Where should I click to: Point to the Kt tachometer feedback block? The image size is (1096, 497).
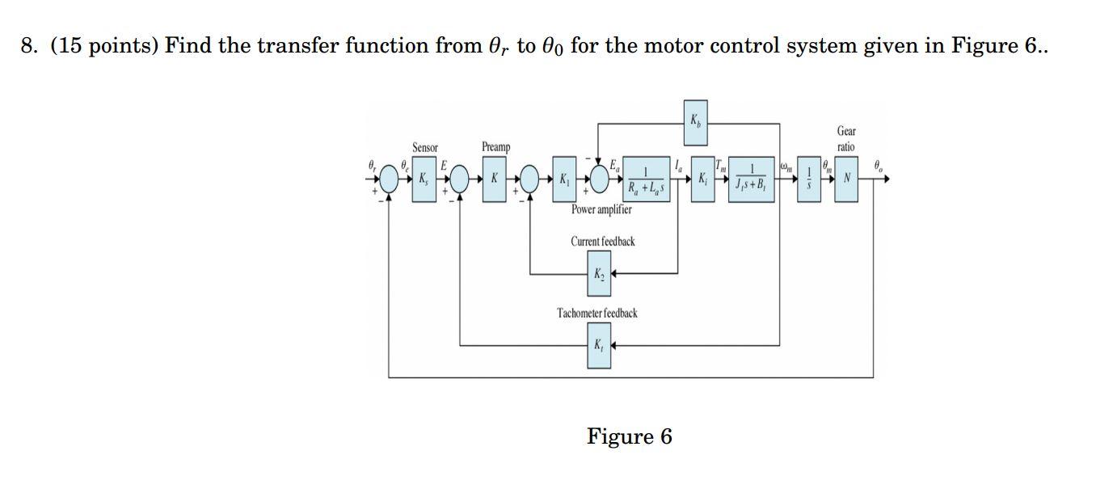point(598,346)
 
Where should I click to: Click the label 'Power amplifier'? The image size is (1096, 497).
point(601,210)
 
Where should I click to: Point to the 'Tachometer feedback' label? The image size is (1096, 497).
point(596,313)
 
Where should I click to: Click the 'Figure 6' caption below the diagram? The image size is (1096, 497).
point(629,437)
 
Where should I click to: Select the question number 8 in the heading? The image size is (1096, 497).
point(29,46)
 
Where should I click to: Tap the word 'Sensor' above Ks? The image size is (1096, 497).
point(424,148)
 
